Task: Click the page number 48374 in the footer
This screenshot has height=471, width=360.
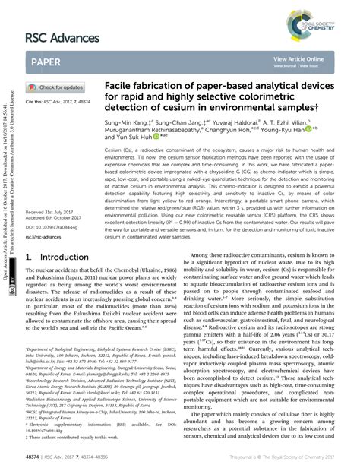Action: (35, 458)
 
